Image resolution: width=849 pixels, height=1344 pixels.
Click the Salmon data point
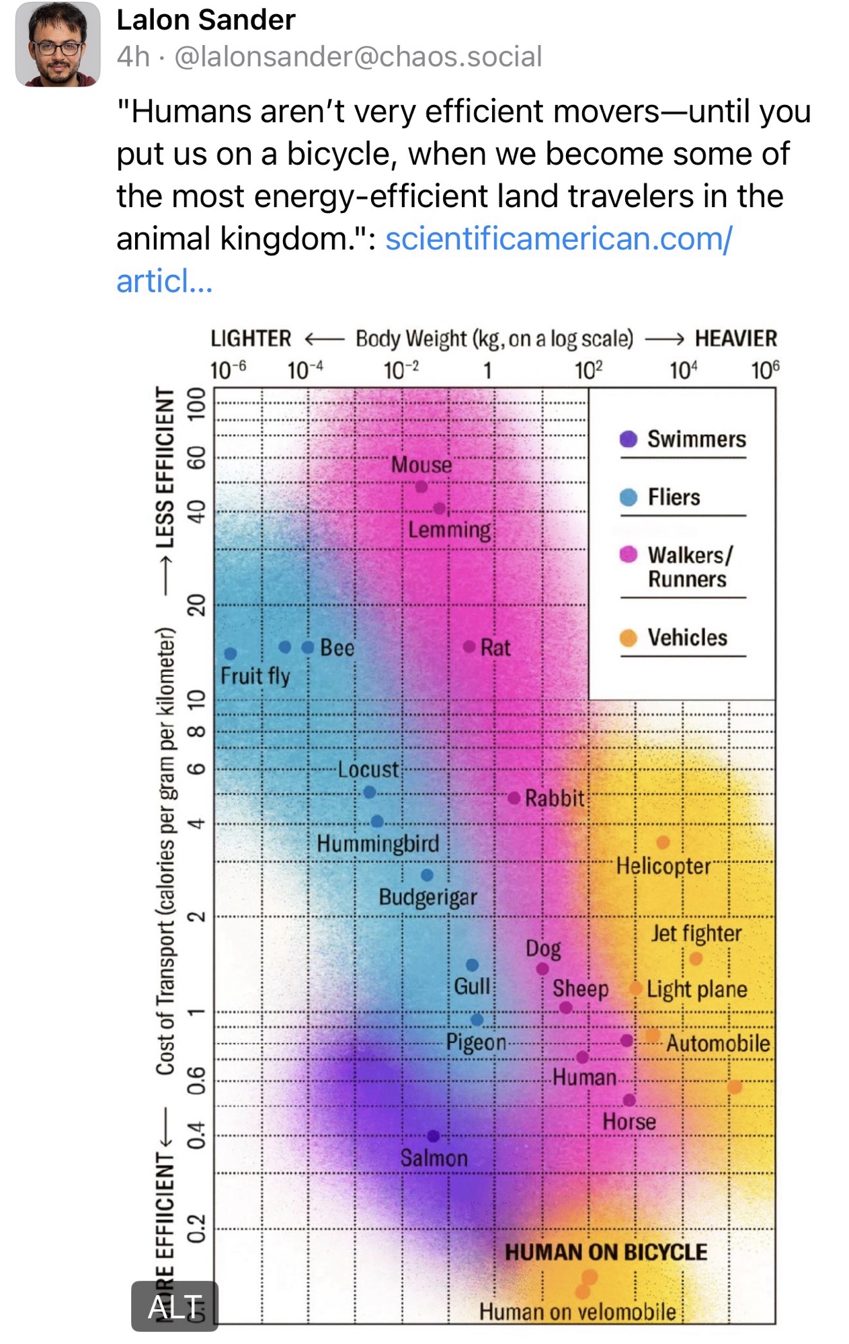[434, 1136]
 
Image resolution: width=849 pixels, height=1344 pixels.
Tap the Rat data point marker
[469, 646]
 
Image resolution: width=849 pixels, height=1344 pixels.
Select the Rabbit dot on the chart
[514, 798]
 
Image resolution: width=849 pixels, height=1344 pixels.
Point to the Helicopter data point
[663, 842]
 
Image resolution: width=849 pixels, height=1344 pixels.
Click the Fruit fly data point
[231, 653]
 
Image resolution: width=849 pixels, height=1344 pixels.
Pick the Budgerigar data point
[427, 875]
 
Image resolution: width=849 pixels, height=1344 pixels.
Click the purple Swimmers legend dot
[629, 439]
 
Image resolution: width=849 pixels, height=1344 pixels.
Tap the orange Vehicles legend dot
[629, 637]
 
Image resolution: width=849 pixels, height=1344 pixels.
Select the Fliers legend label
[674, 497]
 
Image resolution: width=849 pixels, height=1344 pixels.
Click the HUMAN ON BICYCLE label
[606, 1252]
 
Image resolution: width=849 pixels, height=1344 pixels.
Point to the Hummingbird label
[378, 843]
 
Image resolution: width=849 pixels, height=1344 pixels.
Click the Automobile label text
[718, 1043]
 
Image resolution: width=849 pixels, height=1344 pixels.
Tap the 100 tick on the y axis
[196, 403]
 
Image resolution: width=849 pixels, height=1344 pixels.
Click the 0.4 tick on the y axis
[196, 1136]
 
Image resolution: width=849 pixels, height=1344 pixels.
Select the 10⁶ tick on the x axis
[765, 370]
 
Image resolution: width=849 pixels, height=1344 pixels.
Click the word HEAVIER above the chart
[736, 338]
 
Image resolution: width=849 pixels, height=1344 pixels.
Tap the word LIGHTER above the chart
[251, 338]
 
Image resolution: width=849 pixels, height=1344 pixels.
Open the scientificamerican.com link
[558, 239]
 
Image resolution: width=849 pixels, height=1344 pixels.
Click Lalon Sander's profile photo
[58, 44]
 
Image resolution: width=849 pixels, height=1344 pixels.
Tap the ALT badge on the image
[175, 1307]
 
